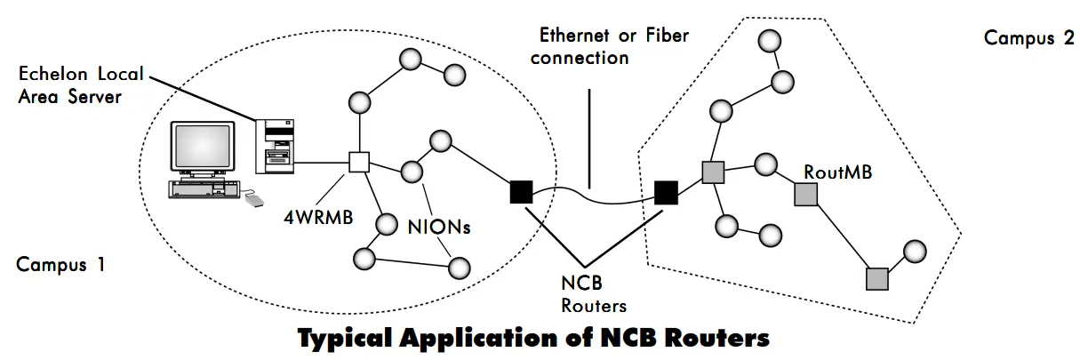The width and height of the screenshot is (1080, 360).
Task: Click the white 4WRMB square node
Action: [x=358, y=163]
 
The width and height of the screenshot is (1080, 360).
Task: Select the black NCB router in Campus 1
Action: [x=520, y=191]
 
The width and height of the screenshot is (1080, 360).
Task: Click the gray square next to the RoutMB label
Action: [x=805, y=195]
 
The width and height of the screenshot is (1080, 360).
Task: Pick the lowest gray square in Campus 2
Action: [x=876, y=278]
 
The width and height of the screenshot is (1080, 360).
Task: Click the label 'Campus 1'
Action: [x=60, y=264]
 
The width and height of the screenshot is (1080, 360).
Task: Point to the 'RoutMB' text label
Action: [x=837, y=172]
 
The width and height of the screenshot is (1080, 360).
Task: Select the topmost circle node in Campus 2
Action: [x=771, y=41]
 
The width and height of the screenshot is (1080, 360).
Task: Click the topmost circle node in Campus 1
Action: [x=410, y=60]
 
